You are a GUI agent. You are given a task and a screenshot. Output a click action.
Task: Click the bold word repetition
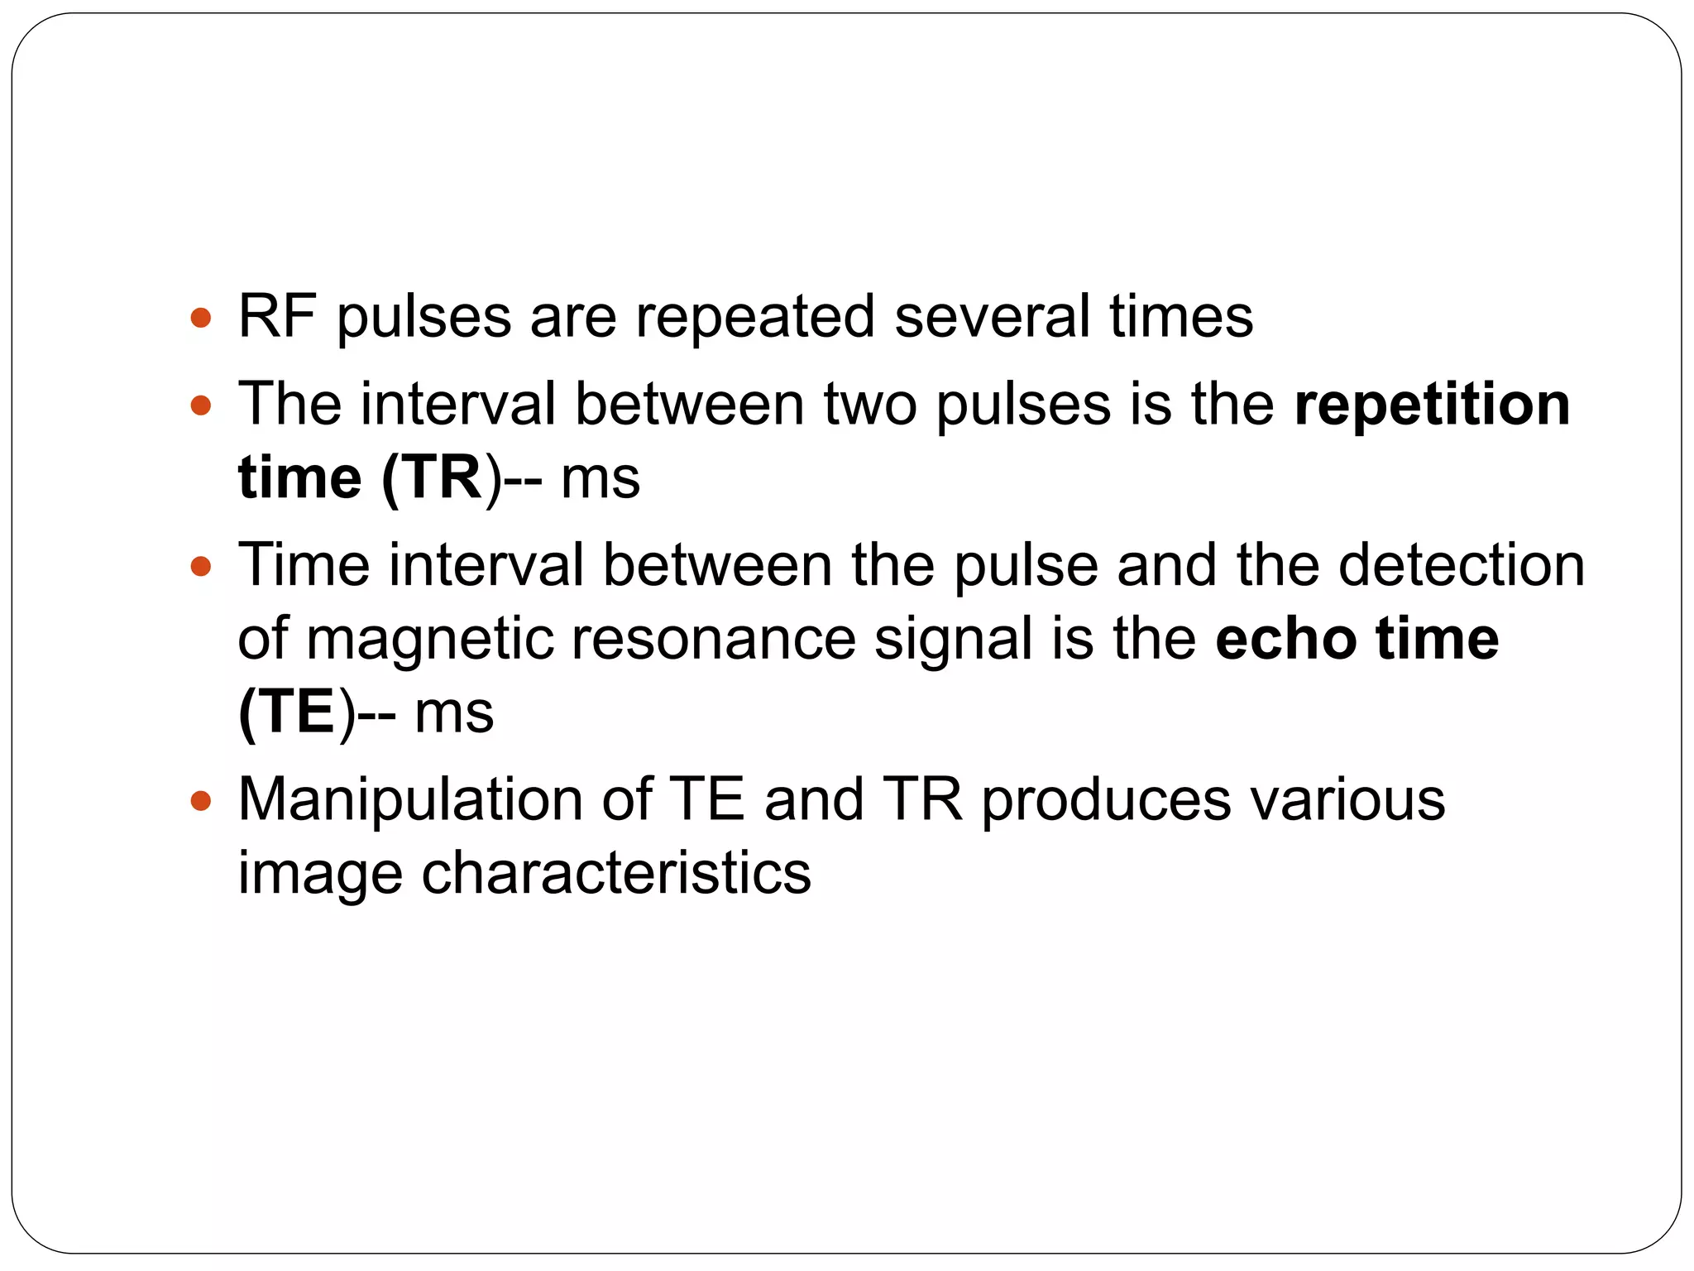pyautogui.click(x=1432, y=404)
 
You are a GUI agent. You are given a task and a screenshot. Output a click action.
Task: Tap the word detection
pyautogui.click(x=1461, y=564)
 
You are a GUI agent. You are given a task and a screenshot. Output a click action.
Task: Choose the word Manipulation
pyautogui.click(x=410, y=799)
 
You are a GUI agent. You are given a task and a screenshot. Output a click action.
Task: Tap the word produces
pyautogui.click(x=1106, y=799)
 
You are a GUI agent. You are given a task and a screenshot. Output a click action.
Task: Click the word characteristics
pyautogui.click(x=616, y=873)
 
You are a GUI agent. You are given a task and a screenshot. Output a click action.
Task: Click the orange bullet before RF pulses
pyautogui.click(x=201, y=317)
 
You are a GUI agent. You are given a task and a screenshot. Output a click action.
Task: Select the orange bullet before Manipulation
pyautogui.click(x=201, y=800)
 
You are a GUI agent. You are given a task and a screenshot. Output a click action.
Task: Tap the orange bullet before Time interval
pyautogui.click(x=201, y=566)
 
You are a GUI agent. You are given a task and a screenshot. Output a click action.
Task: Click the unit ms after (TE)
pyautogui.click(x=453, y=712)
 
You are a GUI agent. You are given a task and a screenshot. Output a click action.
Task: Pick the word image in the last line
pyautogui.click(x=319, y=873)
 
